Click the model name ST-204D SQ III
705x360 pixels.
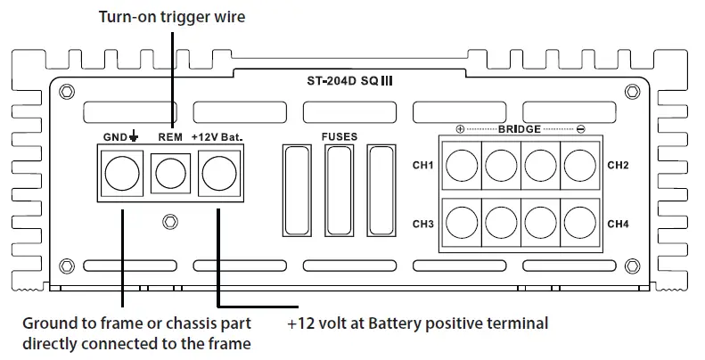pos(349,81)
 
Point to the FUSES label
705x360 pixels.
pos(340,136)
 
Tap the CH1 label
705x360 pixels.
pos(422,165)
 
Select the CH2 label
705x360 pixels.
pos(618,165)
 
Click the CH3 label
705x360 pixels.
pos(422,224)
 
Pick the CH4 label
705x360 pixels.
pos(618,224)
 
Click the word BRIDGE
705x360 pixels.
pos(520,129)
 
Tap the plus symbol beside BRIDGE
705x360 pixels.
pos(460,129)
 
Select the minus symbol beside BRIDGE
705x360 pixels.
pos(580,129)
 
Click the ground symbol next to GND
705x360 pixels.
pos(133,135)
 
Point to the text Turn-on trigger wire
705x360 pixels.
pos(172,17)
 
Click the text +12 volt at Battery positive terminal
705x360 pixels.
pos(418,323)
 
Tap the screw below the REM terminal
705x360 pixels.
pos(170,222)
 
